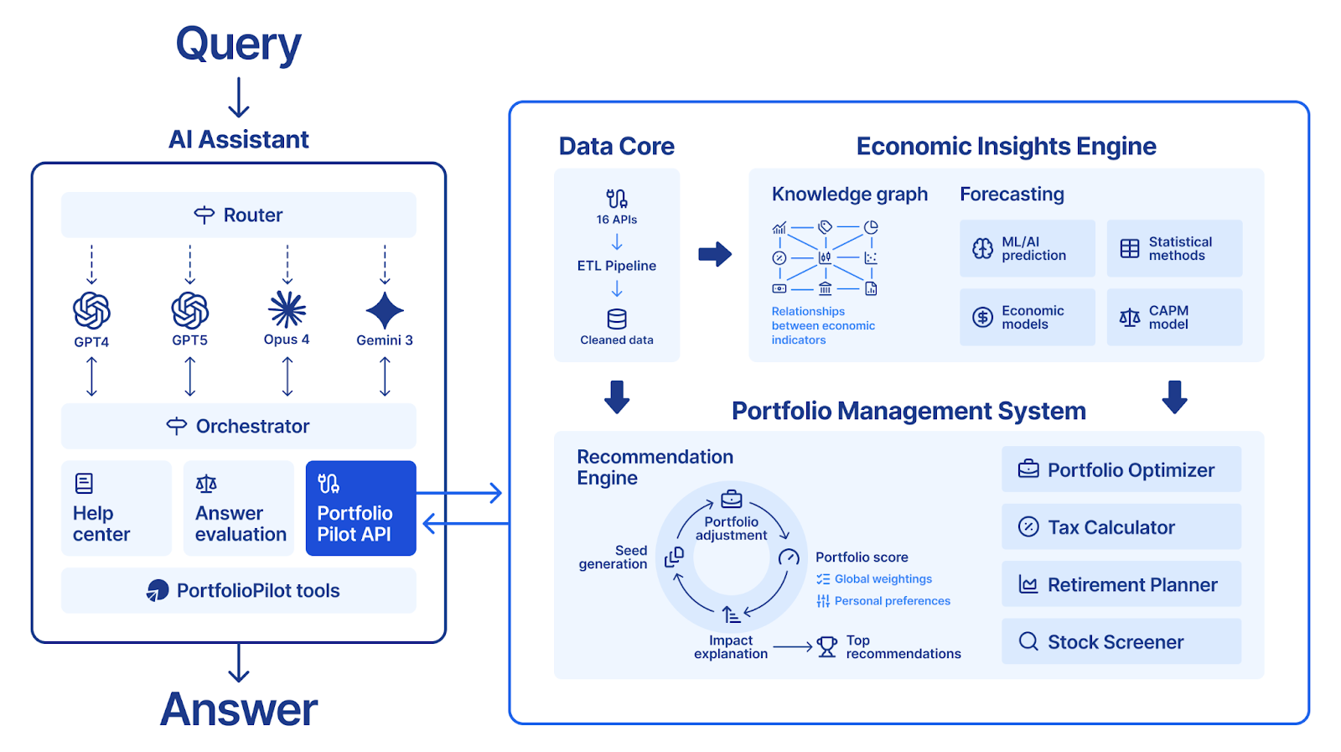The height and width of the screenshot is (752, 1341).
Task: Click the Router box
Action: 238,215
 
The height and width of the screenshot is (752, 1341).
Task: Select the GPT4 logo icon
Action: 91,311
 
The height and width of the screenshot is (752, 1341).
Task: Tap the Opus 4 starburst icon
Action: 287,309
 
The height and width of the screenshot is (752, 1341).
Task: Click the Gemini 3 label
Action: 384,340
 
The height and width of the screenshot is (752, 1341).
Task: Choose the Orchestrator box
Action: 238,426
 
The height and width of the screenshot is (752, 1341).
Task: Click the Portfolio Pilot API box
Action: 360,508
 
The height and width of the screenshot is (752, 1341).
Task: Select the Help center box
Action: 116,508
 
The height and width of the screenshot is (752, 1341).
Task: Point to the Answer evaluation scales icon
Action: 206,484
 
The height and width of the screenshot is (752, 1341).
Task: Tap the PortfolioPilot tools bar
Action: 238,590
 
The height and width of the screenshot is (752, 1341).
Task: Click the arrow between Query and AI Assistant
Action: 239,98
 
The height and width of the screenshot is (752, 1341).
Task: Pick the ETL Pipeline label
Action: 616,266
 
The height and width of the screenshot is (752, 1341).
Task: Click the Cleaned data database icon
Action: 617,319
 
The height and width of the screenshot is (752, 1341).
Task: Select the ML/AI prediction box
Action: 1027,248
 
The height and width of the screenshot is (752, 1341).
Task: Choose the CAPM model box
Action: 1173,317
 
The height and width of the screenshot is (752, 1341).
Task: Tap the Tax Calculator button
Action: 1121,526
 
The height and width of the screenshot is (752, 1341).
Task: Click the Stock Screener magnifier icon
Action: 1028,641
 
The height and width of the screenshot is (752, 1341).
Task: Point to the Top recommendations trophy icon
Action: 827,646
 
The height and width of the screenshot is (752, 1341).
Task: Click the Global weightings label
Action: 883,579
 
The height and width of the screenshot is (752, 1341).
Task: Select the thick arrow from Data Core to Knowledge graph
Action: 715,254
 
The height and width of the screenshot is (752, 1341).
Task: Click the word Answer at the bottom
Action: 239,709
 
